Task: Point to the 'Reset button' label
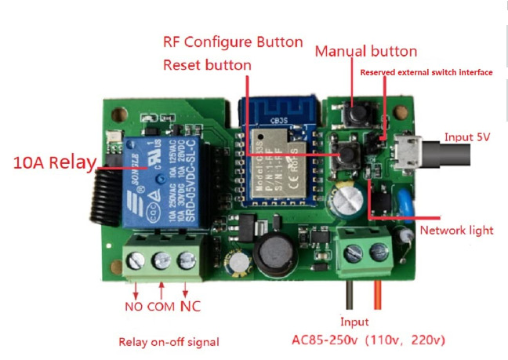pos(207,65)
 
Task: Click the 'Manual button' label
pos(365,51)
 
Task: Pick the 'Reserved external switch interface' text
pos(426,72)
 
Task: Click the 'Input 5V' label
pos(469,138)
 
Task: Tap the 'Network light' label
pos(456,230)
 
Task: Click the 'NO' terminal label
pos(134,306)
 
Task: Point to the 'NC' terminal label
pos(191,305)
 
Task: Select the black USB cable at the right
pos(463,154)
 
